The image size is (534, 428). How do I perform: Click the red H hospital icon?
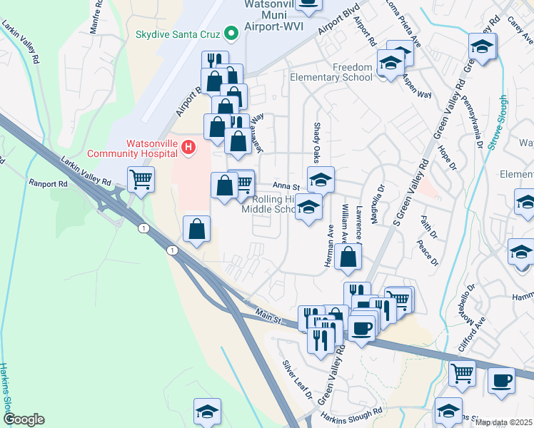(188, 147)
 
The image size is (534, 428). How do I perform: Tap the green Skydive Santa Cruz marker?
(231, 34)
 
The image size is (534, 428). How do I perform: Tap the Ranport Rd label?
(47, 183)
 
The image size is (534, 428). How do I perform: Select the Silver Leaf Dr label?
(298, 379)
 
